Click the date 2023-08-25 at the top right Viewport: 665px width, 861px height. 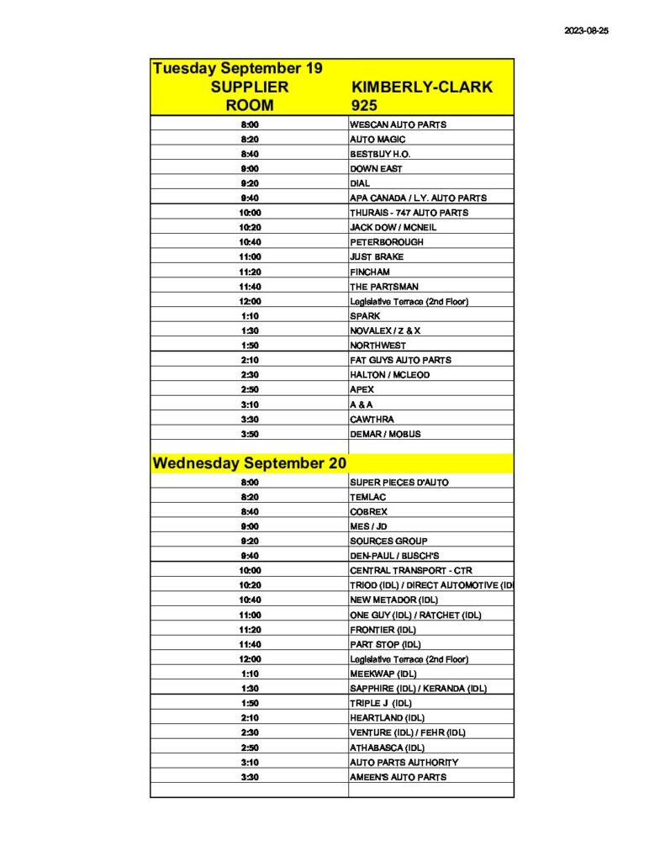[x=587, y=29]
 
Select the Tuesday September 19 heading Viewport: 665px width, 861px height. [x=238, y=68]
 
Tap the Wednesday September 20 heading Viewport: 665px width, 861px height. [x=250, y=463]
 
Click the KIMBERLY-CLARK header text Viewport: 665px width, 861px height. [x=421, y=87]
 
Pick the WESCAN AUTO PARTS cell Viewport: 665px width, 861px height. [x=398, y=124]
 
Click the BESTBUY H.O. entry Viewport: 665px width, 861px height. [x=380, y=154]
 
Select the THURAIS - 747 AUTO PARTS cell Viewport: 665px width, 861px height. [x=409, y=213]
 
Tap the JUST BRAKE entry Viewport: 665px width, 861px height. [x=377, y=257]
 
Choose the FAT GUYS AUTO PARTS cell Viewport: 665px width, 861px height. [x=400, y=360]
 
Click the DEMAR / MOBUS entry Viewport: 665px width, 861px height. [x=385, y=434]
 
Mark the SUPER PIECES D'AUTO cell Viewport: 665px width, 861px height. [x=399, y=483]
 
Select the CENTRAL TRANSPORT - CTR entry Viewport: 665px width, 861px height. [x=411, y=571]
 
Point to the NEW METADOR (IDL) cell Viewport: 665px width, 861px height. [x=391, y=600]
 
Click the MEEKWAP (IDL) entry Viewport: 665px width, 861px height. [x=383, y=673]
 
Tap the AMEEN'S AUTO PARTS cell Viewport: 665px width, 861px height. [x=398, y=777]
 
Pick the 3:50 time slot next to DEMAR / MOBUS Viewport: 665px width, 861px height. [x=250, y=434]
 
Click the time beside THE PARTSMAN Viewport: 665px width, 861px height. [x=250, y=287]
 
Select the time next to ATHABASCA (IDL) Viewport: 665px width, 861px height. [x=250, y=747]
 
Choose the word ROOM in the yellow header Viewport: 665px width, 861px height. [x=250, y=106]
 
